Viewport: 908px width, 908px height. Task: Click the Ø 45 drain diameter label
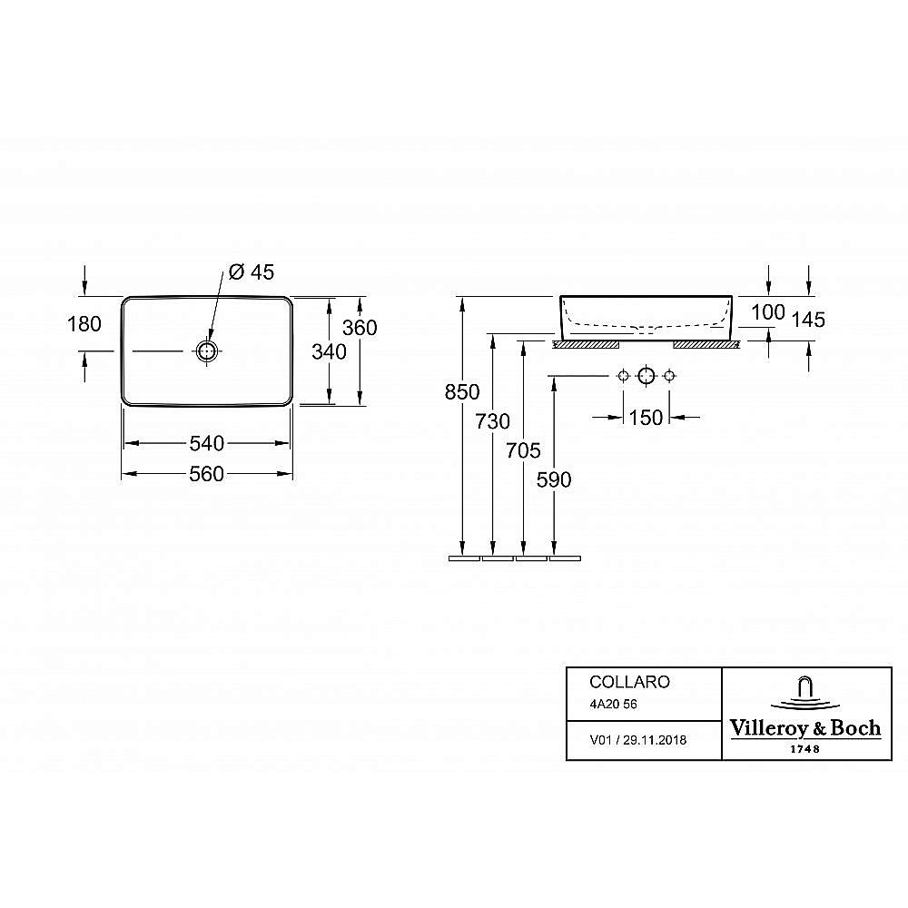click(x=252, y=271)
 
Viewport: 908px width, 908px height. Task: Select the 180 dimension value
click(x=84, y=324)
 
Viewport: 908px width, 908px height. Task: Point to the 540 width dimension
click(x=207, y=444)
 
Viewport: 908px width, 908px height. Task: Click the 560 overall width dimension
click(x=207, y=474)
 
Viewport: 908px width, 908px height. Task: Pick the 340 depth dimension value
click(x=329, y=351)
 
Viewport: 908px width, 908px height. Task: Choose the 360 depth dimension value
click(x=360, y=328)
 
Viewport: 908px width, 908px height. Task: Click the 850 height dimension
click(x=462, y=392)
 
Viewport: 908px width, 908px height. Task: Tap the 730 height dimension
click(x=493, y=421)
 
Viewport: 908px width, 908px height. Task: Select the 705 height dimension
click(x=524, y=450)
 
